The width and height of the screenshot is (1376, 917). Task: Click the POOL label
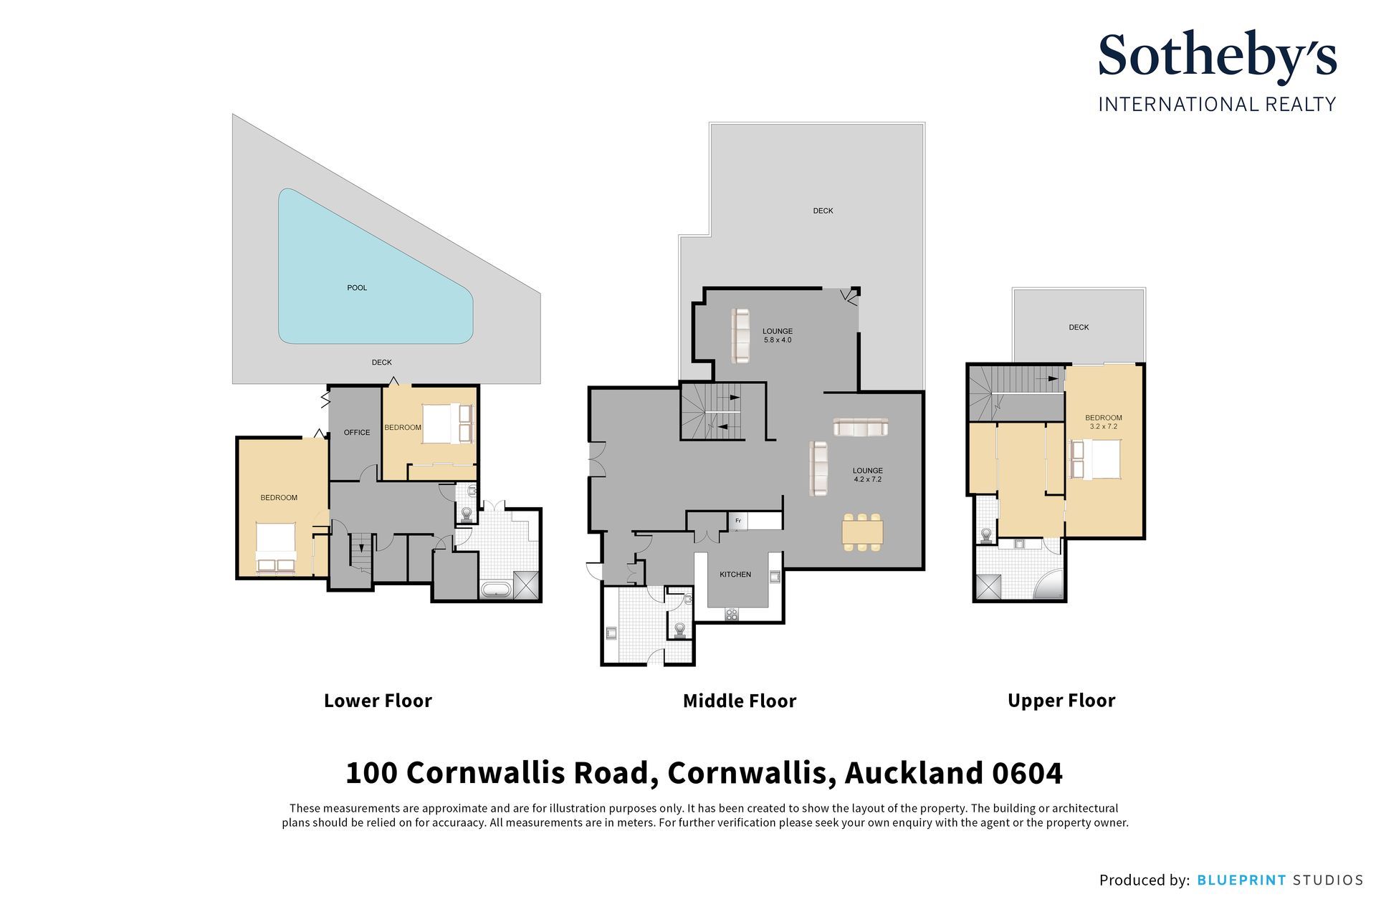[x=357, y=288]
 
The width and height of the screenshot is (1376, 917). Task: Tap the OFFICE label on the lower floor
[x=357, y=433]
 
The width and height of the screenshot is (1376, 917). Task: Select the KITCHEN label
[x=735, y=575]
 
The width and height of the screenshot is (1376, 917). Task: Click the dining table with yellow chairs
[x=863, y=532]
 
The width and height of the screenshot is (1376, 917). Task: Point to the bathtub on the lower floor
[x=495, y=590]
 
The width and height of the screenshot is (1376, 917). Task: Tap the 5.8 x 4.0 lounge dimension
[x=778, y=340]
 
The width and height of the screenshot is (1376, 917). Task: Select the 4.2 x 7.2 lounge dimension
[x=867, y=479]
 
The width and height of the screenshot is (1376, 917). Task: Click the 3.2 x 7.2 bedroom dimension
[x=1104, y=426]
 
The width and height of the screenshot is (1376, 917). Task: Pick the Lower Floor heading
[x=378, y=701]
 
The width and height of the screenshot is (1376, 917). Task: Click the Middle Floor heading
[x=740, y=701]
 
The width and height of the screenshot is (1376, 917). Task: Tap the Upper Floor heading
[x=1061, y=701]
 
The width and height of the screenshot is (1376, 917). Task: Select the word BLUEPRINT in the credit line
[x=1241, y=880]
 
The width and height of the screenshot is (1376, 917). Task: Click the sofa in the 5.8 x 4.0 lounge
[x=740, y=335]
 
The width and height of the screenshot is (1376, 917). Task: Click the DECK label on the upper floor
[x=1079, y=327]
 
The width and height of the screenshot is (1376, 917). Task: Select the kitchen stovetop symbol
[x=732, y=613]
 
